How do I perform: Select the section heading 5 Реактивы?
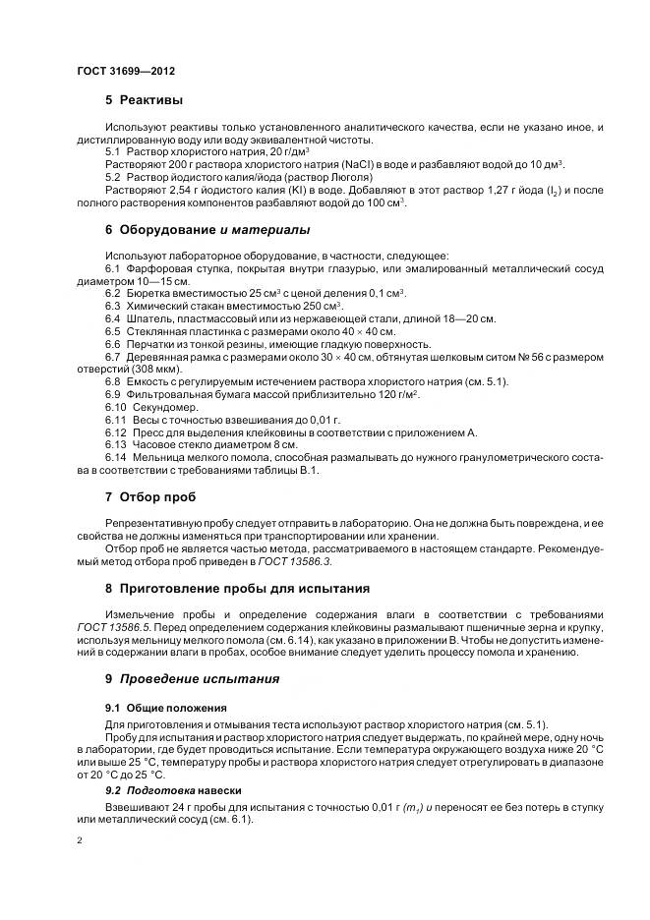[x=144, y=100]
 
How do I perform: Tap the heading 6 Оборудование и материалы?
[x=207, y=229]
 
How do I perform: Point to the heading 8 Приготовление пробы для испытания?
[x=237, y=588]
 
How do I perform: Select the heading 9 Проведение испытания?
[x=192, y=678]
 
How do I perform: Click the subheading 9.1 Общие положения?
[x=166, y=708]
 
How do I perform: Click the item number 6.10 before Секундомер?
[x=117, y=407]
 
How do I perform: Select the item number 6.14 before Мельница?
[x=117, y=458]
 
